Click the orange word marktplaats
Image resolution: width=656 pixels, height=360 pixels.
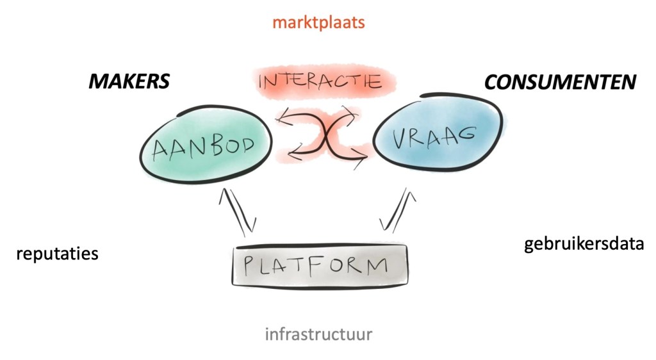(318, 22)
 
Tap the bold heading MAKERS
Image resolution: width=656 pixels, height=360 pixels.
(129, 81)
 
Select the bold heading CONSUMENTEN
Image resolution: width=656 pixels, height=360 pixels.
(560, 82)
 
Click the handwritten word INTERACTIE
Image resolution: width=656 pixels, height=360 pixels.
(320, 82)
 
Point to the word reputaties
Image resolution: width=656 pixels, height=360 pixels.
(57, 254)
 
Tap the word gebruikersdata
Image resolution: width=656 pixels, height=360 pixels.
(584, 244)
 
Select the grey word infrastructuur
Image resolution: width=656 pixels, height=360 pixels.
(318, 334)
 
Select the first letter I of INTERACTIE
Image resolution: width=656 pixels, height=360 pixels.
(261, 82)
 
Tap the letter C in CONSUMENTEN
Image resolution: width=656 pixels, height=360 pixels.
(492, 82)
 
